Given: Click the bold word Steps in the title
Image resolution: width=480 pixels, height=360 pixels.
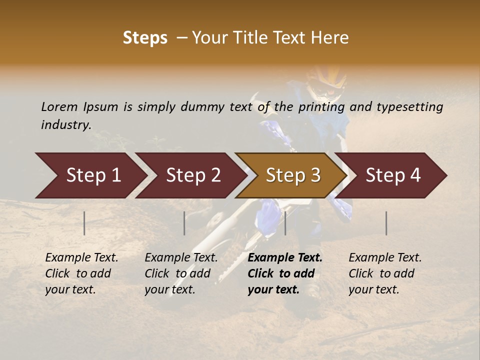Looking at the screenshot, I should tap(145, 38).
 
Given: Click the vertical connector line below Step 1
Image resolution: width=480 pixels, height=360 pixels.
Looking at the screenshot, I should tap(84, 223).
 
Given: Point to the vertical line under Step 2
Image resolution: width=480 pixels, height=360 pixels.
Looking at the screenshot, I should tap(184, 223).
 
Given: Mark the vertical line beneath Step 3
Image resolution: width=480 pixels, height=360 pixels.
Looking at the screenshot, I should tap(285, 223).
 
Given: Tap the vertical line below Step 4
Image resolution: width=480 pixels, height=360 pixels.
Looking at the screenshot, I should tap(386, 223).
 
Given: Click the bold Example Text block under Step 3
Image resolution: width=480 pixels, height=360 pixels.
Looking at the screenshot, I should tap(285, 273).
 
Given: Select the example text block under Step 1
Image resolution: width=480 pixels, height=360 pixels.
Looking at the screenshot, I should tap(81, 273).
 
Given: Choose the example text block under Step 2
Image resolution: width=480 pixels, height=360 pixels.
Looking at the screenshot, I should tap(181, 273).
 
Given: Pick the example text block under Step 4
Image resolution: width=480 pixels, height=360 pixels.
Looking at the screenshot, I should tap(385, 273).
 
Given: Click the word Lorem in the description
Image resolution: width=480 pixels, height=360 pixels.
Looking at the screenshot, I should tap(59, 106).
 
